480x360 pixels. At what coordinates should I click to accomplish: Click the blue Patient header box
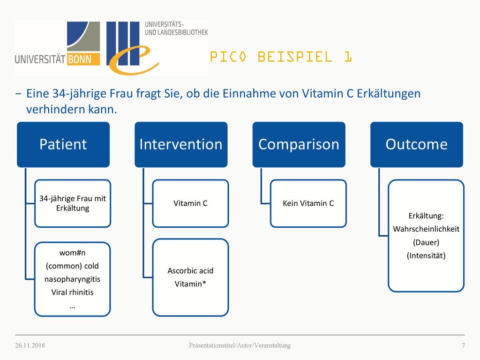click(63, 144)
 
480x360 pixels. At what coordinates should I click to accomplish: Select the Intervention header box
click(181, 144)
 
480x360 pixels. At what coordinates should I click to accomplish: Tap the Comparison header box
click(299, 144)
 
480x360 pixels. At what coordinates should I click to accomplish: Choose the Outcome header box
click(417, 144)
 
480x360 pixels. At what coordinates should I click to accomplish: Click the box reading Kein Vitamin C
click(308, 203)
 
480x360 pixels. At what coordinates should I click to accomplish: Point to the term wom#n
click(72, 253)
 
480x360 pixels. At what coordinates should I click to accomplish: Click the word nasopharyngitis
click(72, 279)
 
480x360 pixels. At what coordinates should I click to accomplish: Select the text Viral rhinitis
click(72, 292)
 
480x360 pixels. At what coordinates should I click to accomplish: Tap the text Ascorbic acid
click(190, 270)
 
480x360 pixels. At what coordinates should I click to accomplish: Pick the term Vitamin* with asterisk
click(190, 284)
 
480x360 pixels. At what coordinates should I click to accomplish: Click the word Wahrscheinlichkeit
click(426, 229)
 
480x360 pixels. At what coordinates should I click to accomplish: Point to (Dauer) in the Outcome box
click(426, 242)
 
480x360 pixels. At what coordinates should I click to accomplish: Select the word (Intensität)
click(426, 255)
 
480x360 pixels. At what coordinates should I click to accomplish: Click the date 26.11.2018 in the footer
click(30, 345)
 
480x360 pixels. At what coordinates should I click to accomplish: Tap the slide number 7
click(463, 345)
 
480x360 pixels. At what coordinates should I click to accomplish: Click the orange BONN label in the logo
click(80, 59)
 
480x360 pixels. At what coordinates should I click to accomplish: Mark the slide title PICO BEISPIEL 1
click(281, 57)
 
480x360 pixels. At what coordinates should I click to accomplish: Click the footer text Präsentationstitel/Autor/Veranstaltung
click(240, 345)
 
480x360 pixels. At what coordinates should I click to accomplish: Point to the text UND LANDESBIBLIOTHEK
click(176, 32)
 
